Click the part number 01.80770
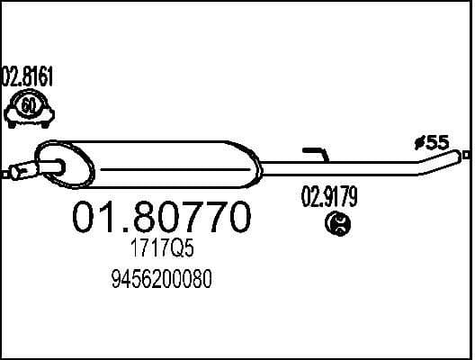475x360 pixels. point(161,218)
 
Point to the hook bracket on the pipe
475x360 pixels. point(318,155)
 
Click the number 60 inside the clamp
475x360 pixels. point(29,106)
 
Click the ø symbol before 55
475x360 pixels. point(418,142)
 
